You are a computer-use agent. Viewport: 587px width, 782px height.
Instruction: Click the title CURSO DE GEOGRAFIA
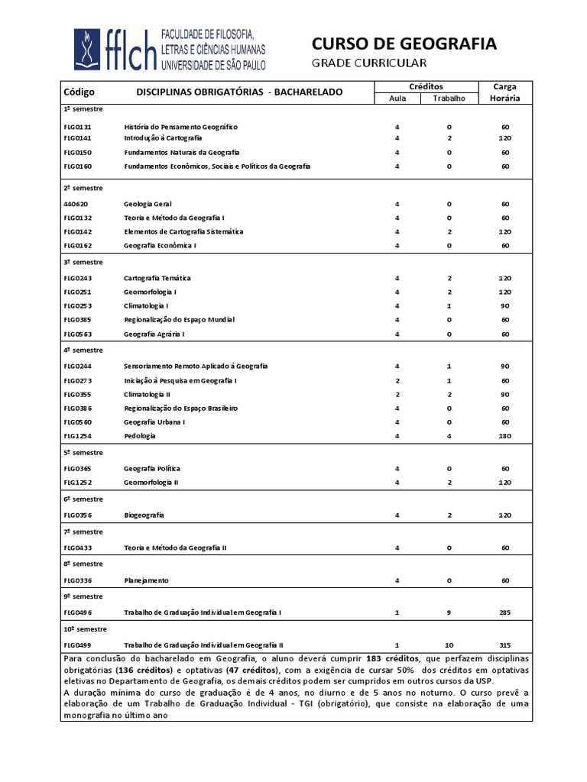click(x=404, y=44)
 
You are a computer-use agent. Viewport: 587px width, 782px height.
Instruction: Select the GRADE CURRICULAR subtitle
click(x=369, y=63)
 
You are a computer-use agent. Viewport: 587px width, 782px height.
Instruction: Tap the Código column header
click(x=79, y=92)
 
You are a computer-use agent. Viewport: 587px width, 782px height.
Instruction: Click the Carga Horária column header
click(x=505, y=92)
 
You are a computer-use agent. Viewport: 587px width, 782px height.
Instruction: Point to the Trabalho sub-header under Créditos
click(x=449, y=99)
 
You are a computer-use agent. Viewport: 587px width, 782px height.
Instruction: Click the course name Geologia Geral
click(x=148, y=204)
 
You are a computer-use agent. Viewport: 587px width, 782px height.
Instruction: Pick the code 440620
click(x=76, y=204)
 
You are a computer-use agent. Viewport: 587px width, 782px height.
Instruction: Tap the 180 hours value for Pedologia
click(x=505, y=435)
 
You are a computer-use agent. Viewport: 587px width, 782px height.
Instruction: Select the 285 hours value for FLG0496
click(x=505, y=612)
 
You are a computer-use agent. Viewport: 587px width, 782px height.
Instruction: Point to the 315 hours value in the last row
click(x=505, y=645)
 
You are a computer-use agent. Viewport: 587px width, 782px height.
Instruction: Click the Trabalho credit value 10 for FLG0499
click(x=449, y=645)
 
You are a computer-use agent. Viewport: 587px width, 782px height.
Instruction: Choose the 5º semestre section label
click(x=83, y=452)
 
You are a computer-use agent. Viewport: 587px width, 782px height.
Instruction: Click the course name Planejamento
click(x=146, y=580)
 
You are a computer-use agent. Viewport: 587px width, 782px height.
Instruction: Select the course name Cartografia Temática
click(x=157, y=278)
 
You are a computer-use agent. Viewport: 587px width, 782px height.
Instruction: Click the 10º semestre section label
click(x=85, y=629)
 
